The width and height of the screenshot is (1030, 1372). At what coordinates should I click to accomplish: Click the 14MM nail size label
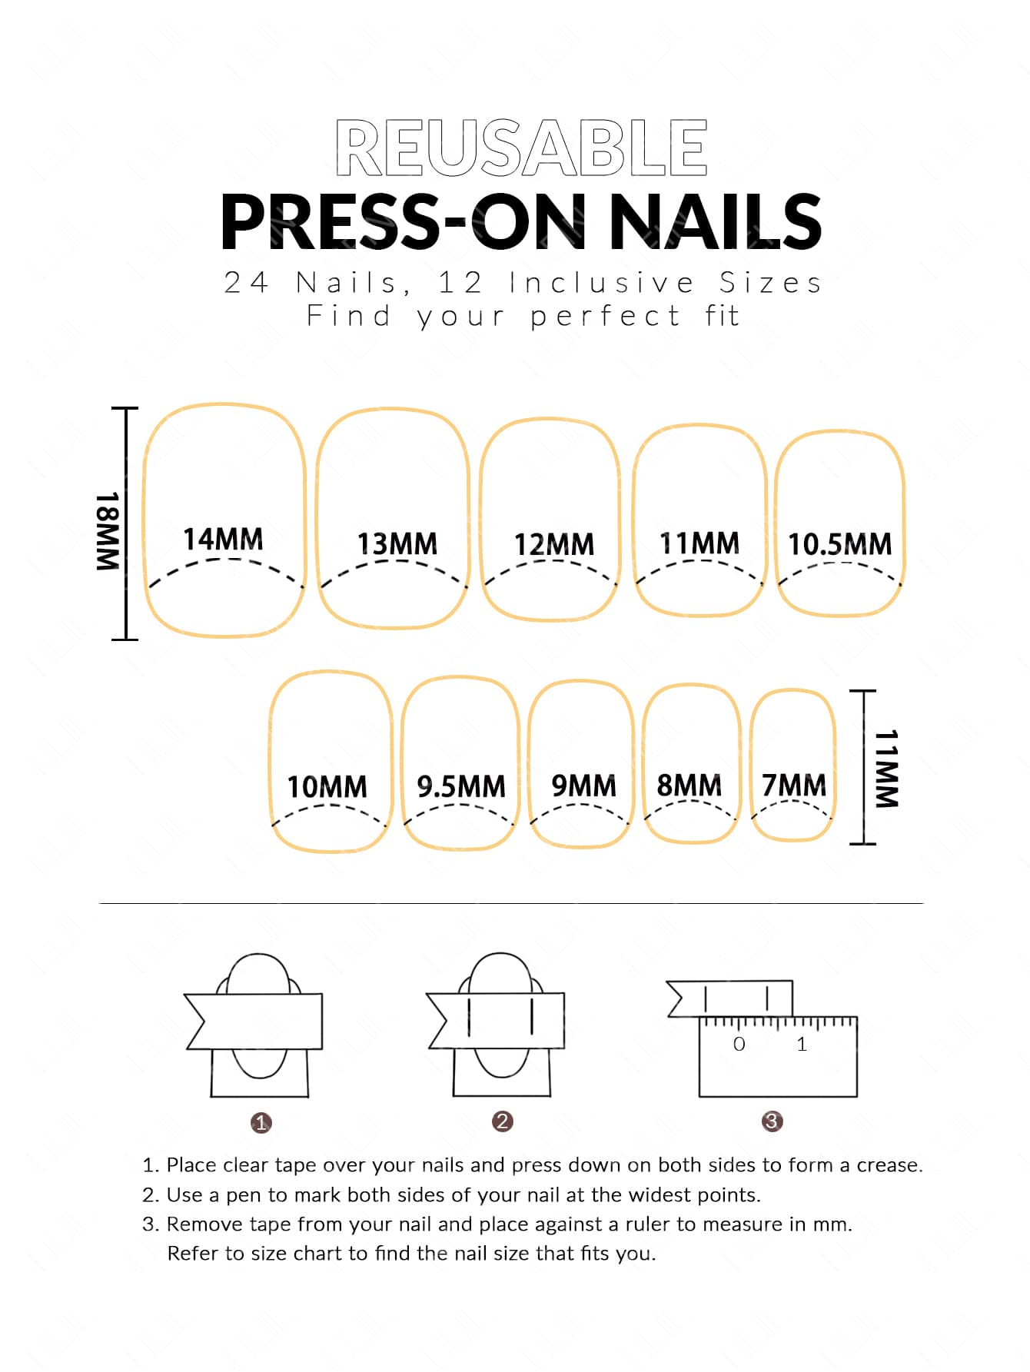click(223, 539)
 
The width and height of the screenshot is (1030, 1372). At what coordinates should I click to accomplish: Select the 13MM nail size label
click(397, 543)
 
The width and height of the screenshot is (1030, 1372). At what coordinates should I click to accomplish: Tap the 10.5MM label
click(840, 543)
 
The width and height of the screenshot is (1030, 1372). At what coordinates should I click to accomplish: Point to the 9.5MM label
click(461, 786)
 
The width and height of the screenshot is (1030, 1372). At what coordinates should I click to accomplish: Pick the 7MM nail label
click(794, 785)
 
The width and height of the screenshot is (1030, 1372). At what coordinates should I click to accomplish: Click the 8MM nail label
click(689, 785)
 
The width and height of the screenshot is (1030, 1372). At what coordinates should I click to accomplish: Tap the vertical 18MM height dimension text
click(107, 530)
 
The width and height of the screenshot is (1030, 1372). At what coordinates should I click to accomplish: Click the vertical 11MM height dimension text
click(885, 768)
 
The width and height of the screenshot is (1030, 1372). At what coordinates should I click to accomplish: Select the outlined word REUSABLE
click(521, 147)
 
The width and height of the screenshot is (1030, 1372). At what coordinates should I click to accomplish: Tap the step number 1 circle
click(261, 1123)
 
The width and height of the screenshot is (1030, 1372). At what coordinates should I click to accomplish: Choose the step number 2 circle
click(502, 1121)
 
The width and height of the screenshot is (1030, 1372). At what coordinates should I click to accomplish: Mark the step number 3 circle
click(772, 1121)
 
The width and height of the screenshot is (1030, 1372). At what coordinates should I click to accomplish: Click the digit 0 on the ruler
click(739, 1044)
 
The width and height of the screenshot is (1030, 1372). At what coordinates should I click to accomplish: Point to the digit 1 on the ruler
click(802, 1044)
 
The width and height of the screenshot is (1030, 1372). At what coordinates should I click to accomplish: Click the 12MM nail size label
click(554, 544)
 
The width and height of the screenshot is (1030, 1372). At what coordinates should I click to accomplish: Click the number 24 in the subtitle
click(246, 283)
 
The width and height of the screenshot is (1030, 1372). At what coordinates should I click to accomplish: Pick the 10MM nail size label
click(327, 786)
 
